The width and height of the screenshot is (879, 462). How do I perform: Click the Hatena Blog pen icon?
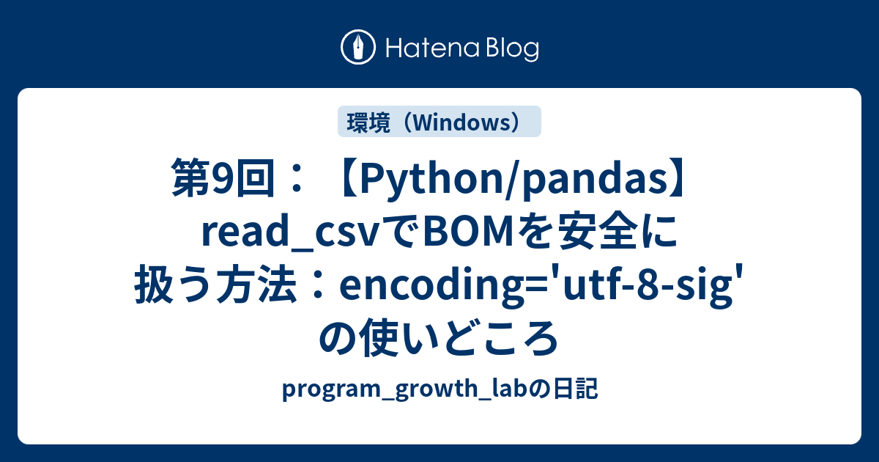tap(358, 48)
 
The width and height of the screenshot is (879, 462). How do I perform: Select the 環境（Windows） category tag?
tap(439, 122)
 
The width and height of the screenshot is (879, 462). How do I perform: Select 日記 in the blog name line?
tap(574, 391)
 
